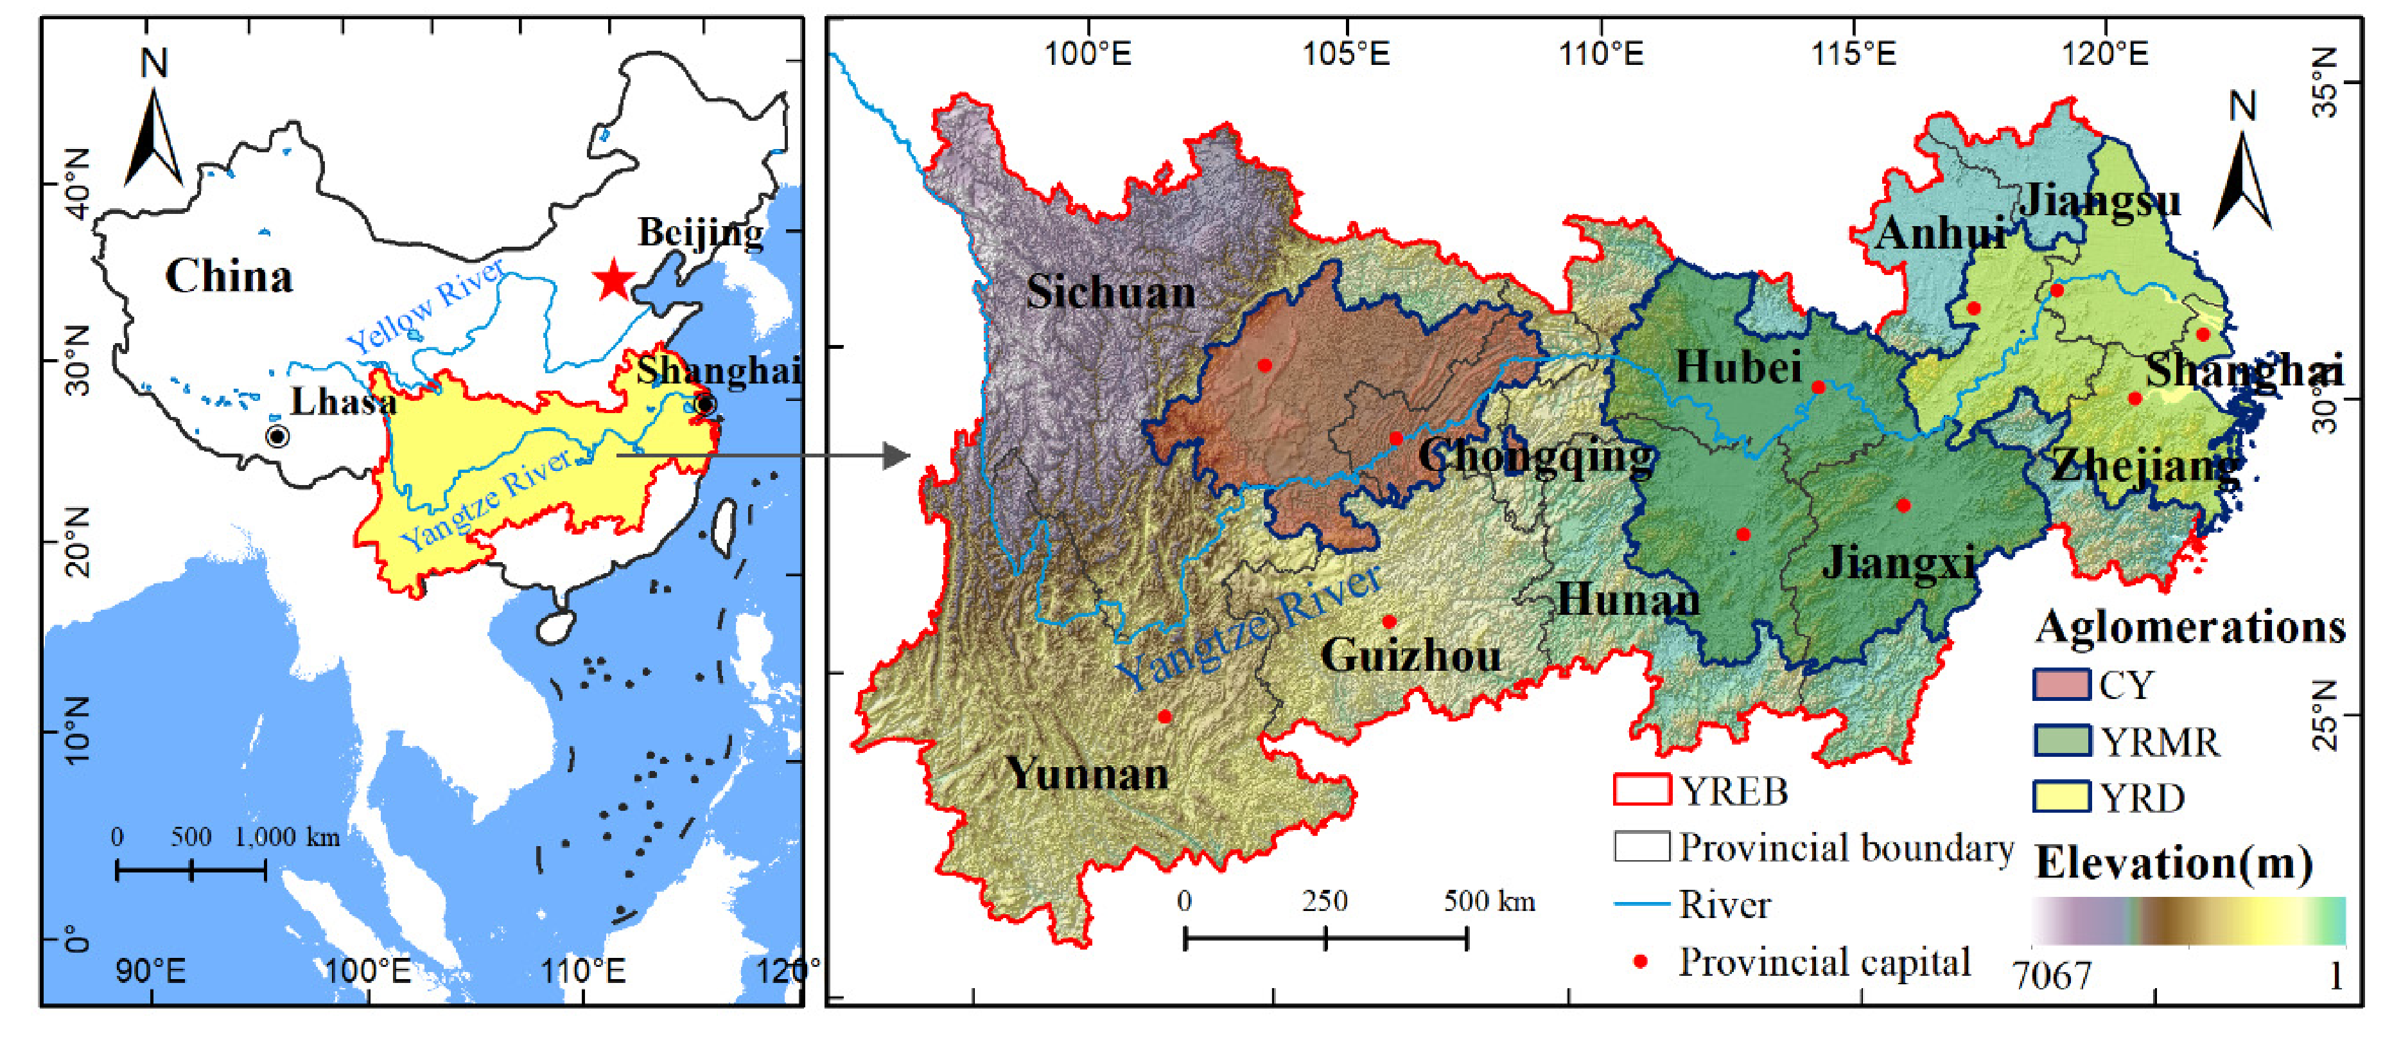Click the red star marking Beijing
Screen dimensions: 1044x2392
613,279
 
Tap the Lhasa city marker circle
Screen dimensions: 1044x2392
277,436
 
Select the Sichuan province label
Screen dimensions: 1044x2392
1110,292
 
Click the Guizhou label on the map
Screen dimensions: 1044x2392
1411,656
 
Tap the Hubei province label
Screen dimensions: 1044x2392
1738,368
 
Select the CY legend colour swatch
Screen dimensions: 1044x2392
2061,685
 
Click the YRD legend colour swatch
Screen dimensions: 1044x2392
2061,797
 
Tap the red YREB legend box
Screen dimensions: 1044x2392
1642,790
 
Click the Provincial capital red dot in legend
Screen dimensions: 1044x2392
1641,961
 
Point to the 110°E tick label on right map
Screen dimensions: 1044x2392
1600,54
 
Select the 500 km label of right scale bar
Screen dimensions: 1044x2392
1488,901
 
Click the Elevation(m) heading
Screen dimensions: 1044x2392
2173,863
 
